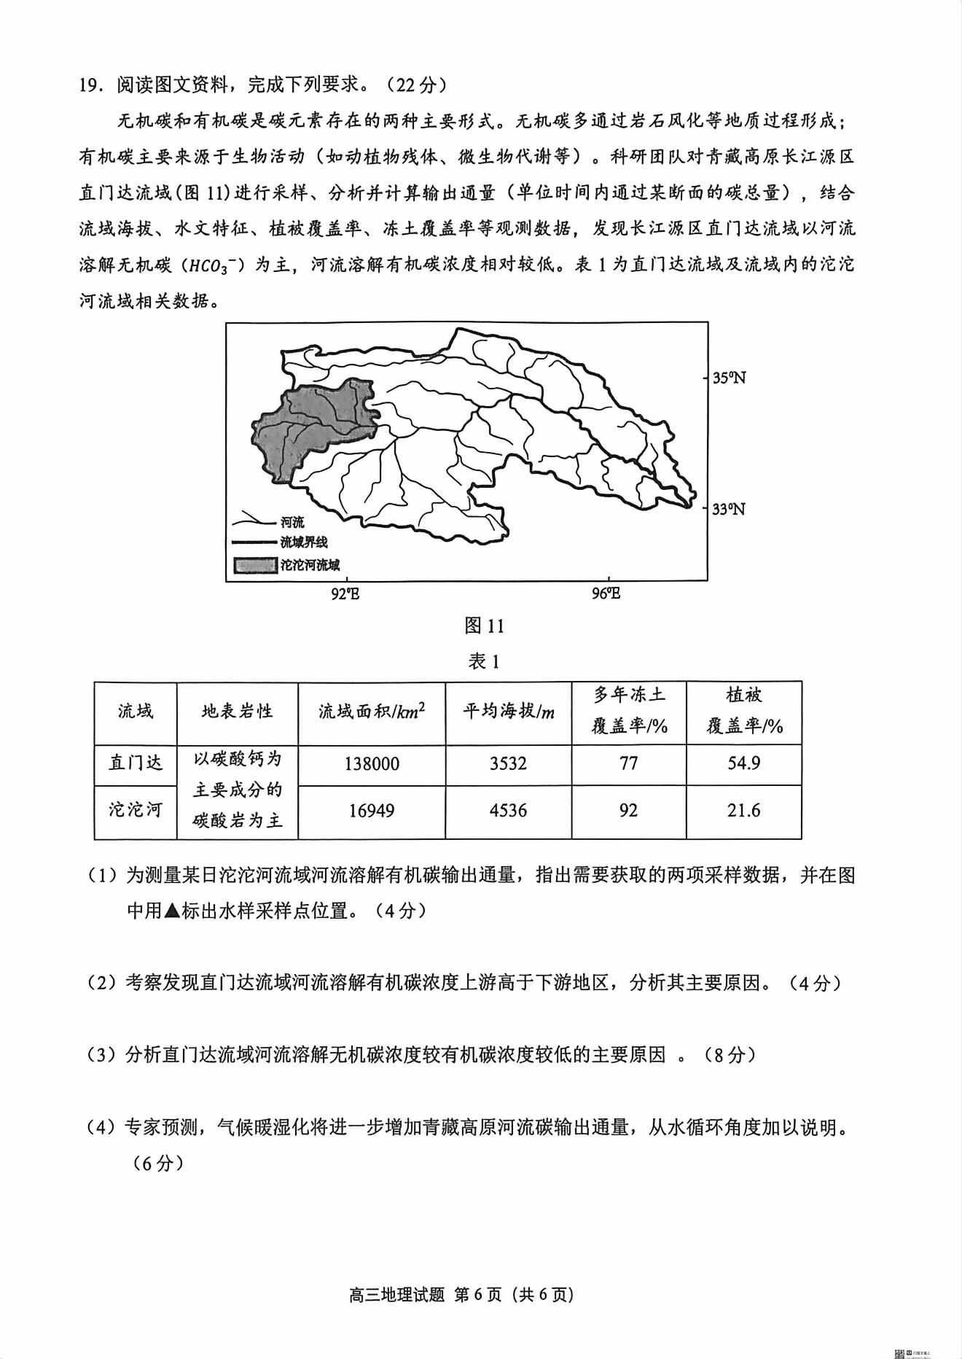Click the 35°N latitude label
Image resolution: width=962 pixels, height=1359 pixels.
[729, 378]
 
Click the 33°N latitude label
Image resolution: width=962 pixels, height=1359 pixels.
[729, 509]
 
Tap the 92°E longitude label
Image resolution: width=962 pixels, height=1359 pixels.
[345, 593]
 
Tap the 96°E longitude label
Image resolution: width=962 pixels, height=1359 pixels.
[606, 593]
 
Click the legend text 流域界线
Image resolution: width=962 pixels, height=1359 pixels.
[304, 542]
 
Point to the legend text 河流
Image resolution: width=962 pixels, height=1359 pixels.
[292, 523]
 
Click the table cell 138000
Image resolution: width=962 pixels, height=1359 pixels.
[372, 763]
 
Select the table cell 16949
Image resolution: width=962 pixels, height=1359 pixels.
[372, 810]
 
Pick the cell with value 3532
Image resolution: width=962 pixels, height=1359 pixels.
[508, 763]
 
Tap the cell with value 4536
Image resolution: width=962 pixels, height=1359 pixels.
[508, 810]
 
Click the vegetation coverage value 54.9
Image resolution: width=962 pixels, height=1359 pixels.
[743, 763]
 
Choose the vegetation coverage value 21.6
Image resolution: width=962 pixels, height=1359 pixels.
[743, 810]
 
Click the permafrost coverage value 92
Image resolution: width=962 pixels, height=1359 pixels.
[628, 810]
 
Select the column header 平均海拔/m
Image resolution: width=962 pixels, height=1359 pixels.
[508, 711]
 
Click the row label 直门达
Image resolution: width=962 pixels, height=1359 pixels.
[136, 763]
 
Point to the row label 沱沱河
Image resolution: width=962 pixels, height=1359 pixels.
[136, 810]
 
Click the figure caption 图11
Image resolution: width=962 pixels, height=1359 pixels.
[484, 626]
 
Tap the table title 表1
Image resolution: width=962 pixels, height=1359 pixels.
[484, 661]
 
